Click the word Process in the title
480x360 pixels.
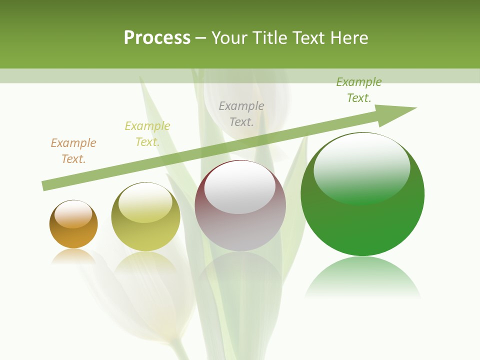pyautogui.click(x=157, y=38)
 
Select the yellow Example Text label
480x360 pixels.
pyautogui.click(x=147, y=134)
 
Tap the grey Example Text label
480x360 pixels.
pyautogui.click(x=241, y=113)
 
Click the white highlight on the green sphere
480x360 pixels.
pyautogui.click(x=361, y=168)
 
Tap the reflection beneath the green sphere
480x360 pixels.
pyautogui.click(x=362, y=277)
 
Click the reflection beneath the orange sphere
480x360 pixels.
pyautogui.click(x=73, y=256)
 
